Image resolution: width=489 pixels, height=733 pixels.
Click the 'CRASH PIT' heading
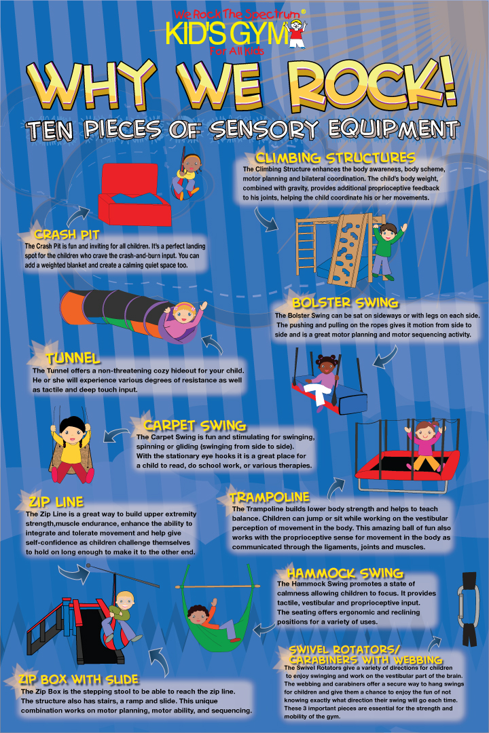pos(67,234)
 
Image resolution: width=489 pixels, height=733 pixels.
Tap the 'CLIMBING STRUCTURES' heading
pos(335,158)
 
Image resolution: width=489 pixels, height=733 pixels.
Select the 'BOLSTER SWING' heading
pos(345,303)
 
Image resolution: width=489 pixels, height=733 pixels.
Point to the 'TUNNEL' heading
pos(73,358)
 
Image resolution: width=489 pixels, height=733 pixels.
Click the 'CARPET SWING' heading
pos(195,426)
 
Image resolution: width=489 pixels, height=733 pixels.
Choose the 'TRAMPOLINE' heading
pos(270,497)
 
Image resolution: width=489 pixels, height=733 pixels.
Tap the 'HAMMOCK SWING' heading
pos(345,574)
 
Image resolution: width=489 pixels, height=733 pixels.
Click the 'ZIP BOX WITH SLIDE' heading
pos(79,679)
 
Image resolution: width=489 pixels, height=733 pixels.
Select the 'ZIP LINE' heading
pos(56,502)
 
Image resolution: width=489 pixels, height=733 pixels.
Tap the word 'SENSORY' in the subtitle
pos(264,130)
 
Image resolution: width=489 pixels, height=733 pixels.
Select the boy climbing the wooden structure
pos(386,250)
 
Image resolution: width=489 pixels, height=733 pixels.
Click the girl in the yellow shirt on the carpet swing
pos(72,449)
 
